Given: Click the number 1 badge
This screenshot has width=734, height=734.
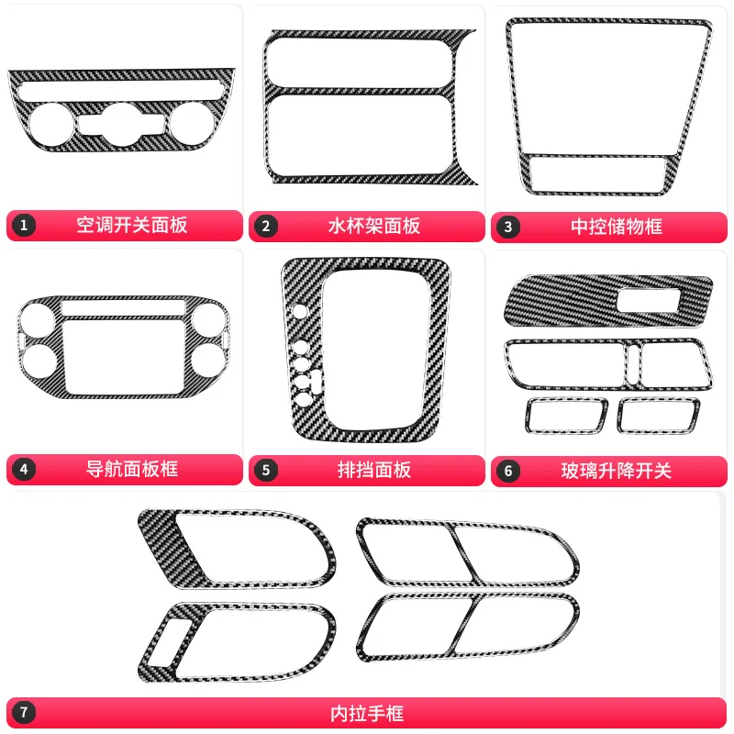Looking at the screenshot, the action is tap(24, 226).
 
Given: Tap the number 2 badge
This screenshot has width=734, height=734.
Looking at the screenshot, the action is tap(266, 226).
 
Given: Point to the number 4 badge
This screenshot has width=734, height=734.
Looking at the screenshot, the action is tap(24, 470).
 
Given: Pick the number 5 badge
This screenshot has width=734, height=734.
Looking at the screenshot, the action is tap(266, 470).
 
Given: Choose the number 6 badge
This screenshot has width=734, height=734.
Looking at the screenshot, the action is tap(506, 471).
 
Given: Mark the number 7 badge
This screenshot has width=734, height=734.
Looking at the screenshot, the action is tap(24, 712).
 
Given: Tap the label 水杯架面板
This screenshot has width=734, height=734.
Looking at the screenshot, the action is tap(373, 226).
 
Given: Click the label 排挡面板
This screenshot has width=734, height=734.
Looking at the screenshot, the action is tap(373, 470).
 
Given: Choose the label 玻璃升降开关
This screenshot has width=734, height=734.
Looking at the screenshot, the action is tap(617, 471).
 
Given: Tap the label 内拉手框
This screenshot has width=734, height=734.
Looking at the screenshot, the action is tap(366, 712).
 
